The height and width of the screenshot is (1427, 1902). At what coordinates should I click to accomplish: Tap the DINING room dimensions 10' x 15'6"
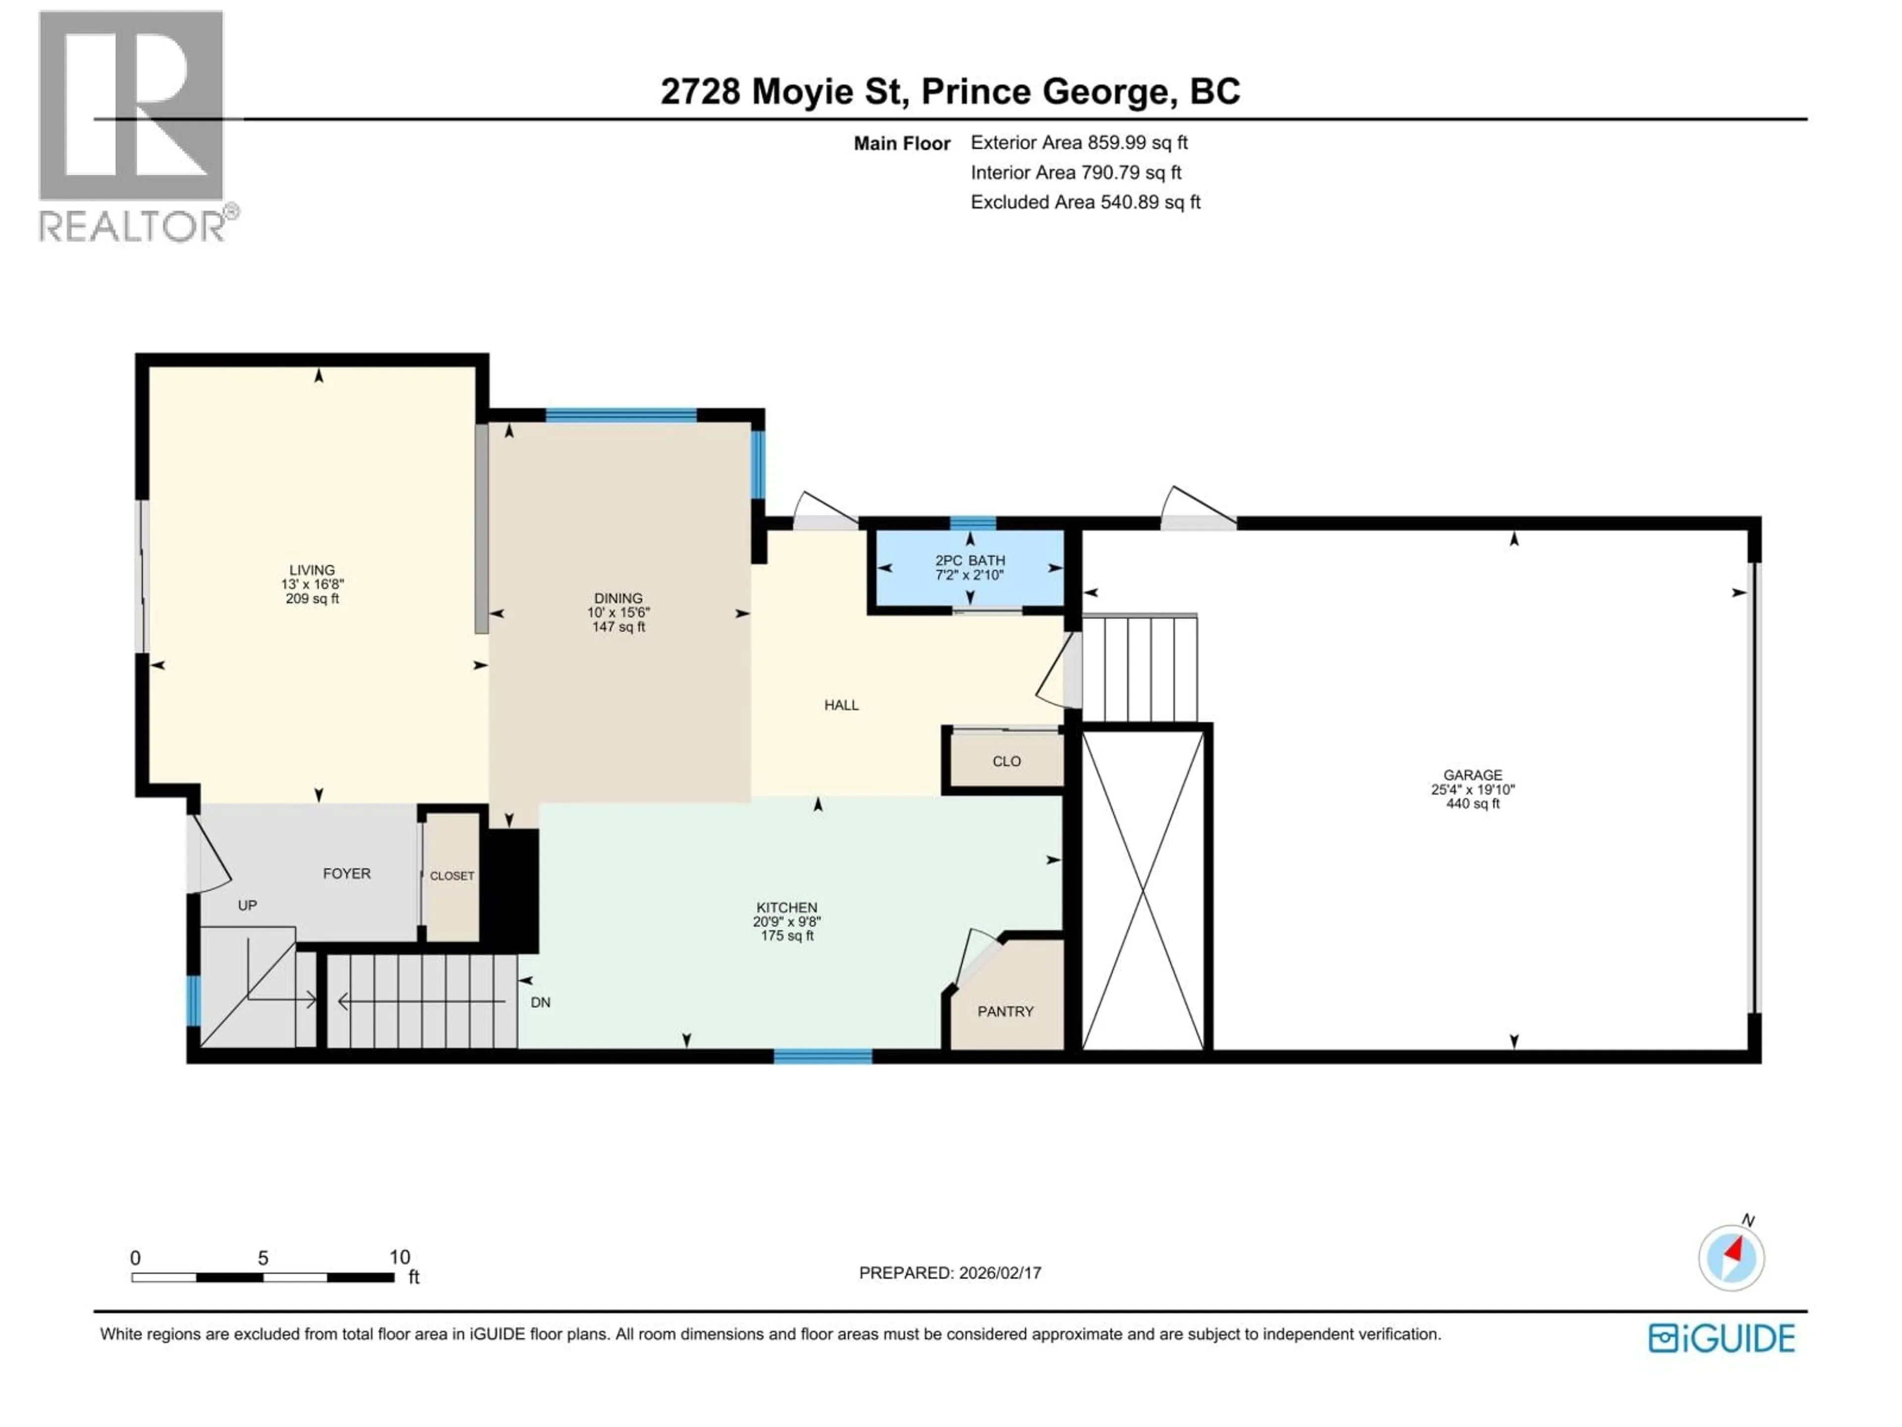[x=618, y=612]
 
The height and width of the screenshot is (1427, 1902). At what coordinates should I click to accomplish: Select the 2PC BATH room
[x=970, y=568]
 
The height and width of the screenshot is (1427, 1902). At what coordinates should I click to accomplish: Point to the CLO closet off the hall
[x=1006, y=761]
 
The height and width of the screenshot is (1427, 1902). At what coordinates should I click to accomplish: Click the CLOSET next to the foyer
[x=451, y=876]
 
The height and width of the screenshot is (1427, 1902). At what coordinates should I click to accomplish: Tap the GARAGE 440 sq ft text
[x=1473, y=803]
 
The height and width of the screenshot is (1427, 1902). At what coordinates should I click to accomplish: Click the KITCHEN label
[x=787, y=907]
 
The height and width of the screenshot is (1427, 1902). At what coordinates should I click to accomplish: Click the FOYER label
[x=347, y=873]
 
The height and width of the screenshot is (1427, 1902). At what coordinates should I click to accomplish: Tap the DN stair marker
[x=540, y=1002]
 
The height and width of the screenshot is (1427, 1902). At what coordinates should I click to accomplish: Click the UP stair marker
[x=247, y=905]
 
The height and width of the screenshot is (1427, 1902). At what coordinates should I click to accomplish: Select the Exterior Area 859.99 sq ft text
[x=1079, y=143]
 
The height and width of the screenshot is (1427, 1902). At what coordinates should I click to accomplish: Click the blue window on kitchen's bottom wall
[x=823, y=1056]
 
